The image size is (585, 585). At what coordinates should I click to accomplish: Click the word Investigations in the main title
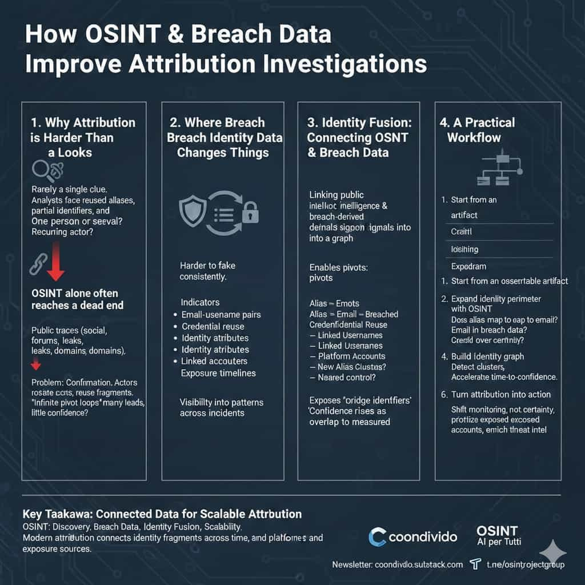pos(348,63)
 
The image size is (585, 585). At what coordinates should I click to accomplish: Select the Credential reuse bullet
pos(213,326)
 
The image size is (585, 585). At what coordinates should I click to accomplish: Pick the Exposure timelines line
pos(218,373)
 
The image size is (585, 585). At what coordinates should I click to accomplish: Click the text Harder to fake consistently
pos(207,271)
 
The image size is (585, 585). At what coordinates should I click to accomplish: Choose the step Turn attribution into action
pos(500,394)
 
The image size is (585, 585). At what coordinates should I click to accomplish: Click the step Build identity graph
pos(487,356)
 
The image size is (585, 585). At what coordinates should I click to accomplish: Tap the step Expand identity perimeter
pos(496,298)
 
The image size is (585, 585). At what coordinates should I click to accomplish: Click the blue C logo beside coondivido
pos(378,537)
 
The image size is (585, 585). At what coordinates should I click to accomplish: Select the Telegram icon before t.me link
pos(474,564)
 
